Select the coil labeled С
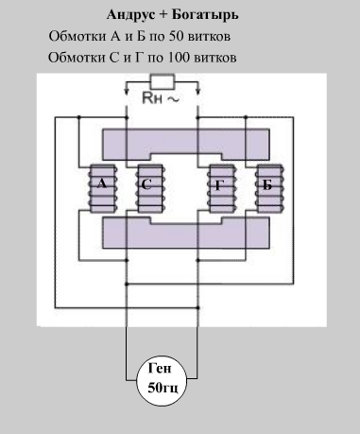click(150, 188)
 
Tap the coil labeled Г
click(222, 188)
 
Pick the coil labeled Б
click(269, 188)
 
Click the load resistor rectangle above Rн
click(163, 82)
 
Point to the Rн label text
click(152, 98)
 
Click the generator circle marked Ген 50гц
click(162, 381)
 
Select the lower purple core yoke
click(186, 233)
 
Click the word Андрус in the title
click(130, 15)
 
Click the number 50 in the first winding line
click(176, 37)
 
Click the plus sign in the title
click(163, 15)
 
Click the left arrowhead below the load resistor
click(127, 92)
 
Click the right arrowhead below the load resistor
click(197, 92)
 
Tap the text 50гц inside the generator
click(163, 388)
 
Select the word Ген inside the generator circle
click(160, 368)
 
